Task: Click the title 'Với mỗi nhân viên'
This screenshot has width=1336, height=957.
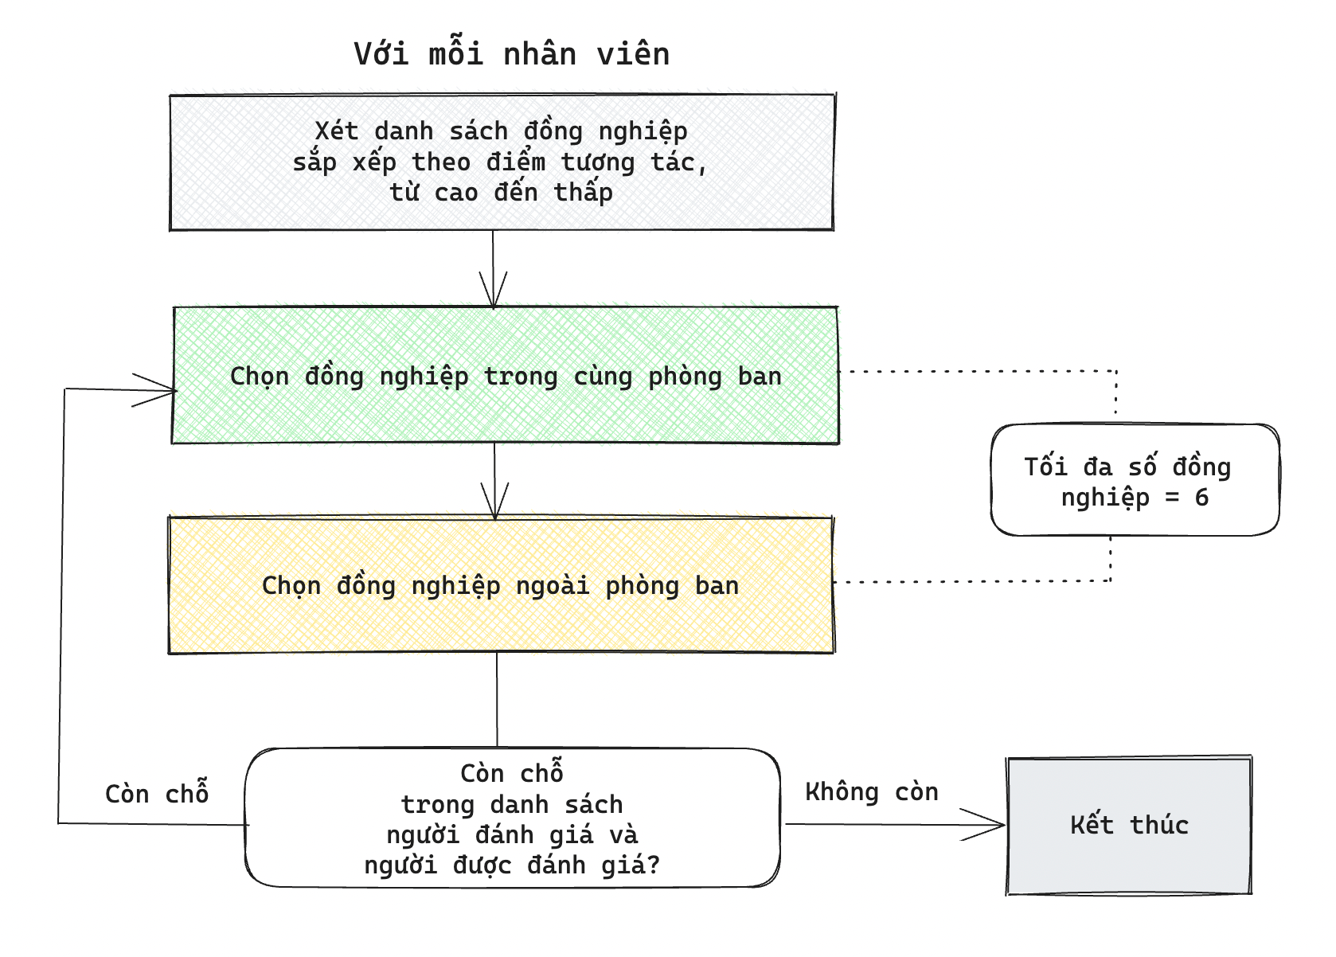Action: pos(512,53)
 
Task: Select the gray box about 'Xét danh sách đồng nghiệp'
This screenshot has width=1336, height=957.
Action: pos(502,162)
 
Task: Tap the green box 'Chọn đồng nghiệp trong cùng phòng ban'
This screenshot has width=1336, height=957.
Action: pos(505,375)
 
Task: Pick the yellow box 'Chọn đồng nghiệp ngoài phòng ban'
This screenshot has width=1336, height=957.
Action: pos(501,585)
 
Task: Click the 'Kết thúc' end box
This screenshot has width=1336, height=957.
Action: pos(1128,825)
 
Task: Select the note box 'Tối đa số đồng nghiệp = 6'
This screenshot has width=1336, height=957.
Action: pos(1135,480)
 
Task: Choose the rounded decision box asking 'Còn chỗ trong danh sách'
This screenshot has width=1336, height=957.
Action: pos(512,818)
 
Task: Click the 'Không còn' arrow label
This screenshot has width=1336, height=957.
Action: pos(871,792)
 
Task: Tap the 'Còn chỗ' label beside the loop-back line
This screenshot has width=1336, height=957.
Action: pos(157,792)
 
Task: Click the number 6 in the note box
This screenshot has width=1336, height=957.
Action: pos(1201,498)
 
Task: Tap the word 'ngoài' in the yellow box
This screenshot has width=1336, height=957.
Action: pos(553,585)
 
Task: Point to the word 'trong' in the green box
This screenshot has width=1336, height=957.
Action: pos(520,377)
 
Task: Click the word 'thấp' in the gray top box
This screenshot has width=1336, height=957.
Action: pos(583,193)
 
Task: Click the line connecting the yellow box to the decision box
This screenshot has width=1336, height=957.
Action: pos(497,700)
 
